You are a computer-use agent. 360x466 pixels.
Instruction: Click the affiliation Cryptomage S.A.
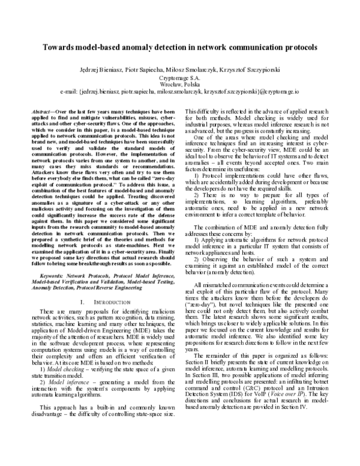[x=179, y=77]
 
